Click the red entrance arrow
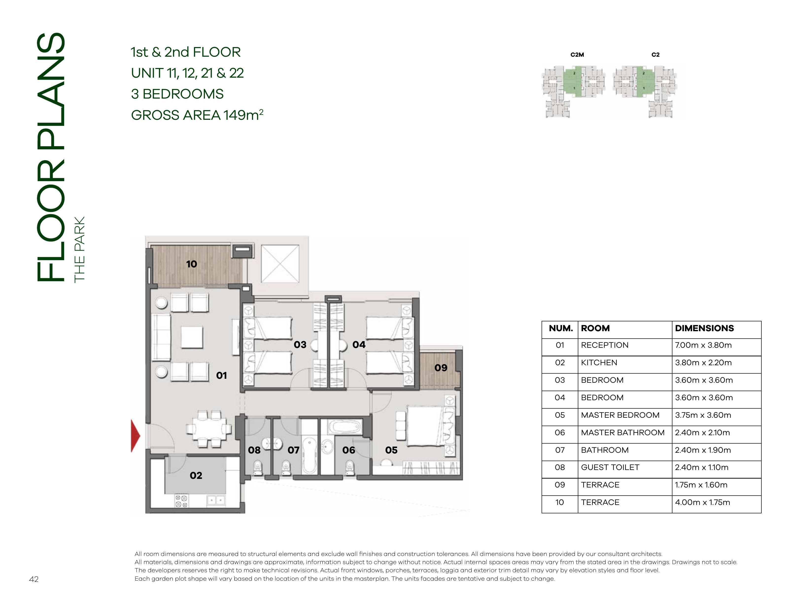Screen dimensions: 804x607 tap(135, 435)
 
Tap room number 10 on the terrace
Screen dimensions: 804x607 tap(191, 264)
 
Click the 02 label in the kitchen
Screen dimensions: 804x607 tap(196, 475)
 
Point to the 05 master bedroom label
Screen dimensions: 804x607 tap(392, 450)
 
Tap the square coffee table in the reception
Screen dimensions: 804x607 tap(192, 337)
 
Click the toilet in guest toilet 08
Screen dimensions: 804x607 tap(258, 467)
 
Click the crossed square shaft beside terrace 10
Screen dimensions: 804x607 tap(280, 263)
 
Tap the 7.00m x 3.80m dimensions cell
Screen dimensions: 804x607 tap(703, 345)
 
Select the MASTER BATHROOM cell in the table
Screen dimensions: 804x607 tap(623, 433)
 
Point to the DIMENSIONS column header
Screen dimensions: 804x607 tap(704, 328)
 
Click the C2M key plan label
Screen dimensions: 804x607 tap(577, 55)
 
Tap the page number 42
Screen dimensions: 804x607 tap(34, 579)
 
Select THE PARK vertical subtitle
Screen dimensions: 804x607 tap(79, 249)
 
